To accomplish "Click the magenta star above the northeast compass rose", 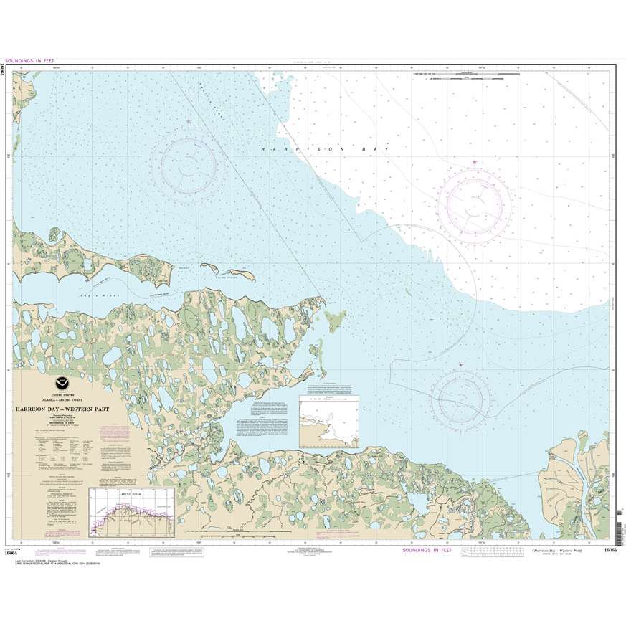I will tap(475, 163).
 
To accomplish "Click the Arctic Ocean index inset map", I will tap(131, 512).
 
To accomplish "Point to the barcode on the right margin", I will tap(618, 523).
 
